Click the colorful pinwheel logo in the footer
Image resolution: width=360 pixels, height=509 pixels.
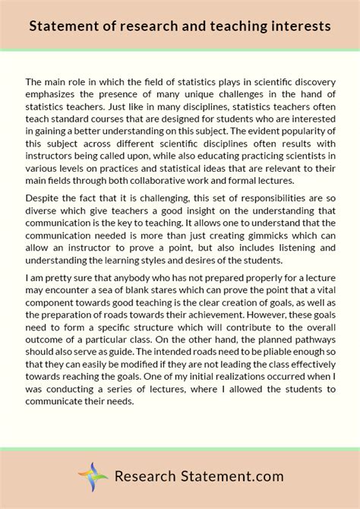[x=93, y=477]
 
